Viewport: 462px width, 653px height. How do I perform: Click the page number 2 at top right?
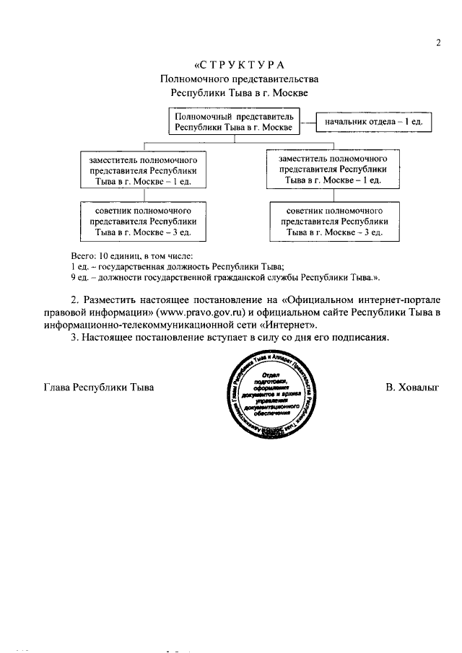438,43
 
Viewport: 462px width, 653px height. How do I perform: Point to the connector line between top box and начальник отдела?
308,122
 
